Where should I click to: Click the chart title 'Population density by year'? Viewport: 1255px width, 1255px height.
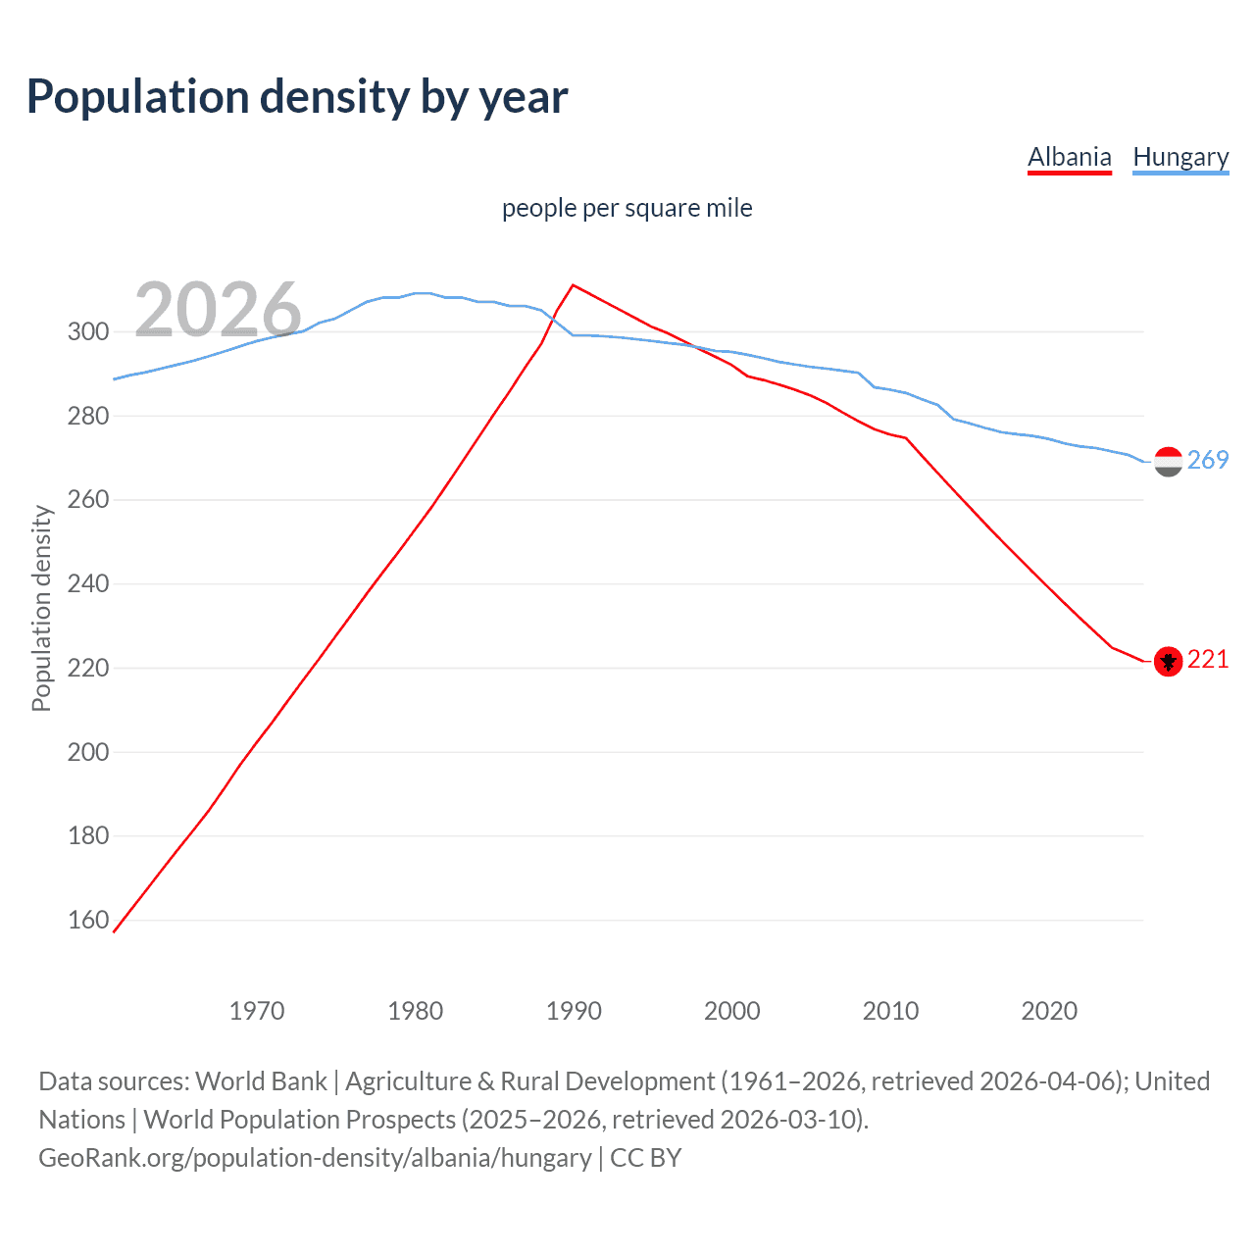pos(297,97)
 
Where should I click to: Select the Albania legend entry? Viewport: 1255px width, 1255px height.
pos(1069,157)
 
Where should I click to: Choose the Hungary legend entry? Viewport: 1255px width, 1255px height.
pos(1180,157)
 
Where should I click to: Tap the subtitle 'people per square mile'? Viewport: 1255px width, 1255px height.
pos(627,208)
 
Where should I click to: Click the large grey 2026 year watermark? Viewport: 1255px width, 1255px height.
pos(218,309)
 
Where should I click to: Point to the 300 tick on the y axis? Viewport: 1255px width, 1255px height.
pos(87,331)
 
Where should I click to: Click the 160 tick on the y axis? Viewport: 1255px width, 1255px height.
pos(87,920)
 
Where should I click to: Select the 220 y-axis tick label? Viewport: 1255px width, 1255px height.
pos(87,668)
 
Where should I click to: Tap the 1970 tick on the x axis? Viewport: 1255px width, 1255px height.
pos(257,1011)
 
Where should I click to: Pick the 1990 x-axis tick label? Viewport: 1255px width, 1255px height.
pos(574,1011)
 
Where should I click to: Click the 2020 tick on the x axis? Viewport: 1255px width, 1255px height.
pos(1049,1011)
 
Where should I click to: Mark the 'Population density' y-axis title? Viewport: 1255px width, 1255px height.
pos(41,608)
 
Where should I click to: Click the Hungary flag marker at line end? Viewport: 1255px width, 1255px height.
pos(1168,462)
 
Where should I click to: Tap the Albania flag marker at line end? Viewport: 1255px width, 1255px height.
pos(1168,662)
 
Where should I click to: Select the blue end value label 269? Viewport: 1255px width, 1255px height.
pos(1208,460)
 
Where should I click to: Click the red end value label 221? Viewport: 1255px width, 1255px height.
pos(1208,660)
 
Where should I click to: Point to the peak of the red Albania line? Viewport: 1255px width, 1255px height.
pos(573,285)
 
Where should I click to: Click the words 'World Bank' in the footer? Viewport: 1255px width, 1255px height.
pos(261,1081)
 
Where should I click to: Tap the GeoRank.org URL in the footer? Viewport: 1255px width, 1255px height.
pos(315,1158)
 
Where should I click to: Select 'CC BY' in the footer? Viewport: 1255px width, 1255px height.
pos(645,1158)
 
